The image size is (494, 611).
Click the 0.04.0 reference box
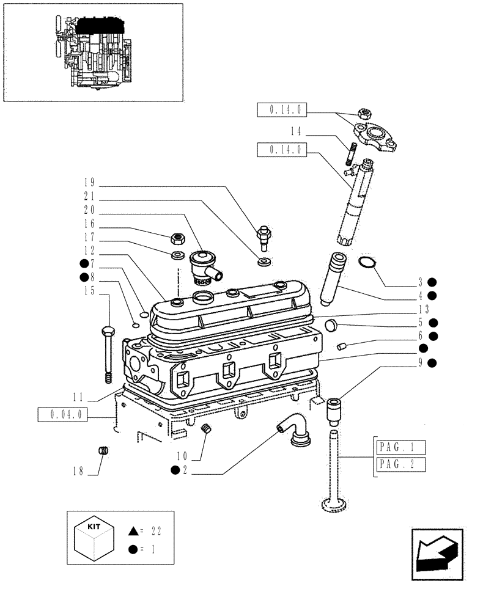coord(63,415)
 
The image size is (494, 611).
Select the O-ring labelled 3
coord(366,263)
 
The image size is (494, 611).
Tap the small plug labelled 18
coord(103,451)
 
